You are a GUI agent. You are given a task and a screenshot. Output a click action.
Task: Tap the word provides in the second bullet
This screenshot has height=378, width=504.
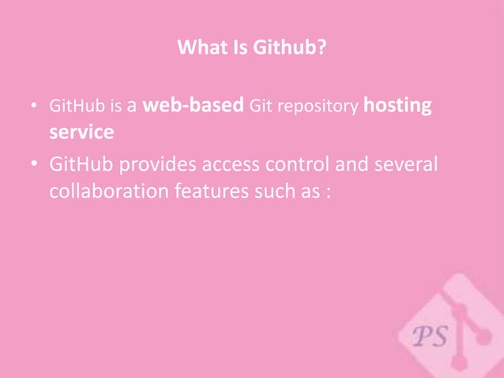point(164,166)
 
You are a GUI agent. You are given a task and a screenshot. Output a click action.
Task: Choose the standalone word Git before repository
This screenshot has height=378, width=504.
point(261,106)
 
